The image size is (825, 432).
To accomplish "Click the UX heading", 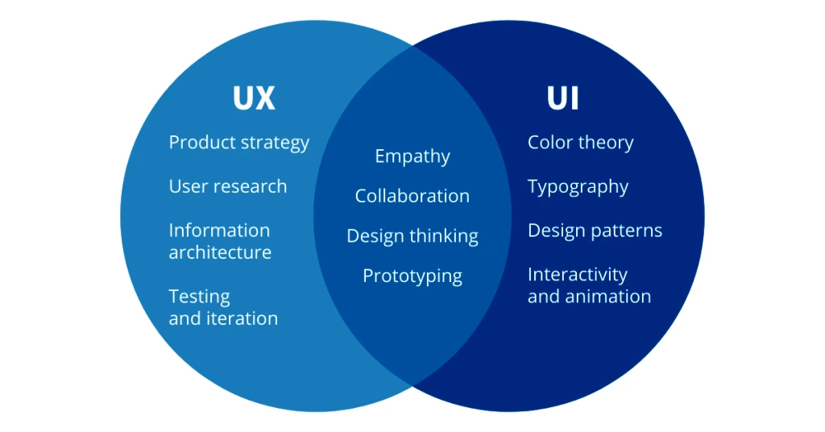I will [254, 98].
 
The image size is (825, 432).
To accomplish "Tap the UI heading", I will [562, 98].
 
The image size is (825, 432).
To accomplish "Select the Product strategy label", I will [238, 143].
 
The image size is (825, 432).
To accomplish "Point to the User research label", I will [227, 186].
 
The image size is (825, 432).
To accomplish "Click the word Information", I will [218, 231].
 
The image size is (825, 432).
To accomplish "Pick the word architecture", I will [220, 252].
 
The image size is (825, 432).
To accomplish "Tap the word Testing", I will [199, 297].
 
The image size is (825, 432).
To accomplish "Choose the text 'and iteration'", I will [223, 318].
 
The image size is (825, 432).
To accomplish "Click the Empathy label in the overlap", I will [412, 156].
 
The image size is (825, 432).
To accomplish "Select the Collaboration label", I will [412, 196].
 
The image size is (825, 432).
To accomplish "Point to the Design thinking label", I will [412, 236].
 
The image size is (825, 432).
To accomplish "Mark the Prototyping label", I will [412, 276].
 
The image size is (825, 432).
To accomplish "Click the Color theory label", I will [580, 143].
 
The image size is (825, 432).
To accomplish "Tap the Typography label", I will [578, 187].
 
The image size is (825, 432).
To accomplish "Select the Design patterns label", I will [595, 231].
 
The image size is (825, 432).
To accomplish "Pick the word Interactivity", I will [577, 275].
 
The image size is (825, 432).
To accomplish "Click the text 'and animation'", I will [589, 297].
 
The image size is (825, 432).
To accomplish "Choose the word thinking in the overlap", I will [444, 236].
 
